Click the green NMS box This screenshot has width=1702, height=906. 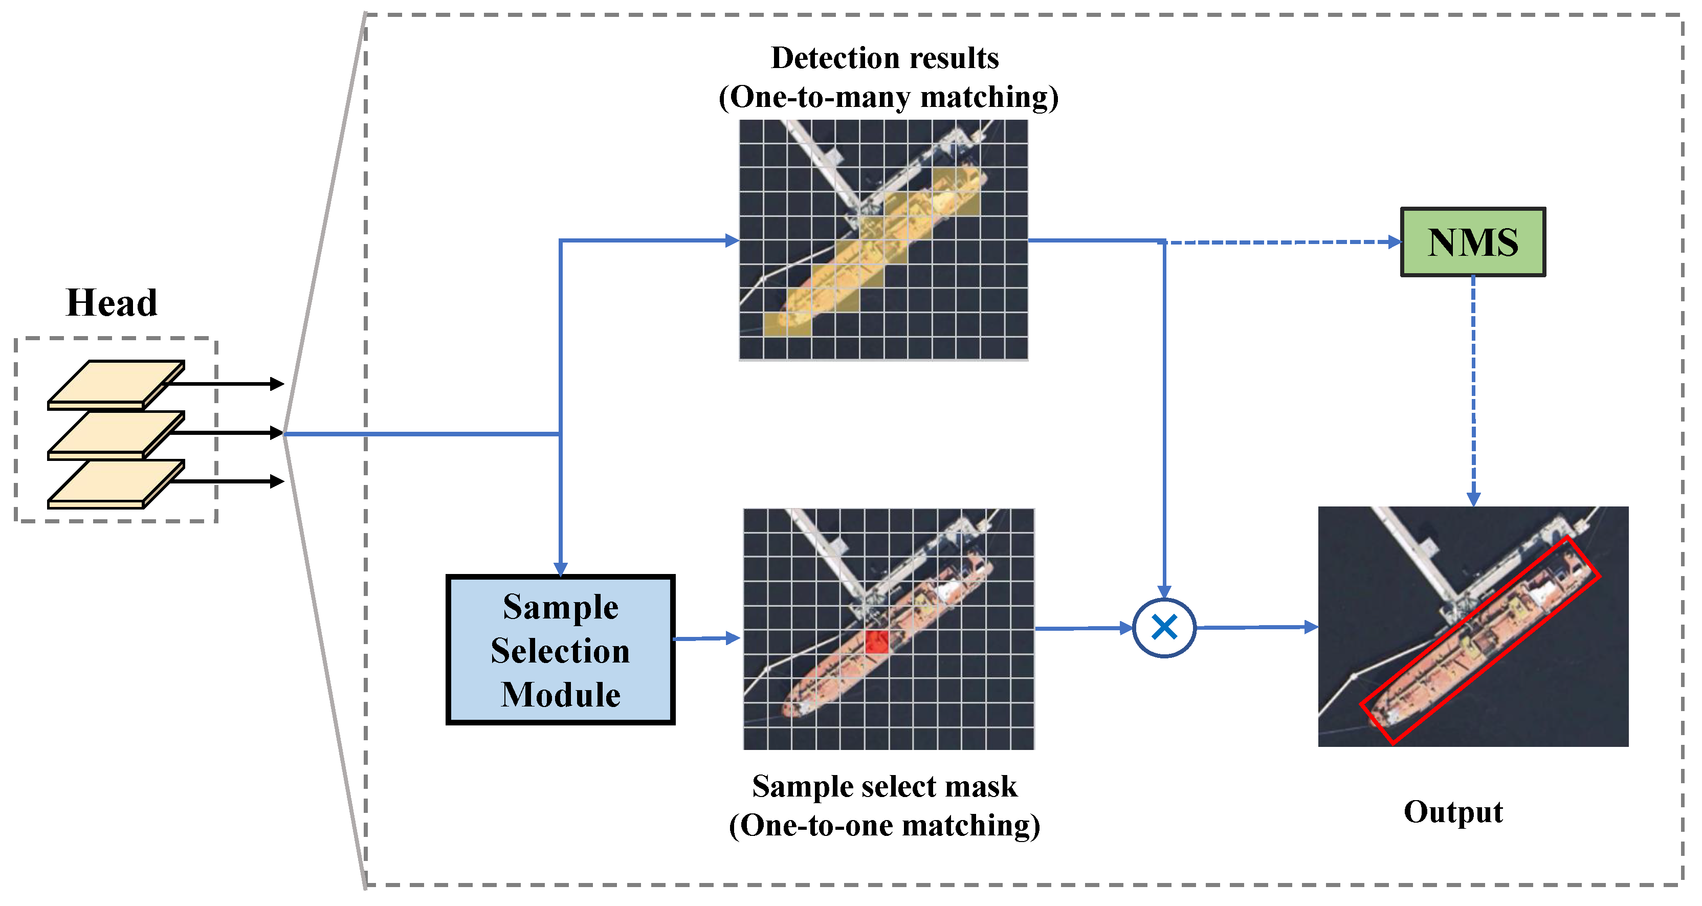click(1472, 242)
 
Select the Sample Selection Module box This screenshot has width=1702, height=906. click(560, 650)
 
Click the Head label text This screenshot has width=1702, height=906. click(112, 303)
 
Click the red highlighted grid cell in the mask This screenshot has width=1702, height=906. click(877, 642)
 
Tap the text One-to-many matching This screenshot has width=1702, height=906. click(888, 97)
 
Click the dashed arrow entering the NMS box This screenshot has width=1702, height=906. click(1282, 242)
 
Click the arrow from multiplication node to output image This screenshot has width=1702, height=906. click(1255, 627)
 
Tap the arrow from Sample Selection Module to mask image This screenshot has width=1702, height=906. click(705, 638)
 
